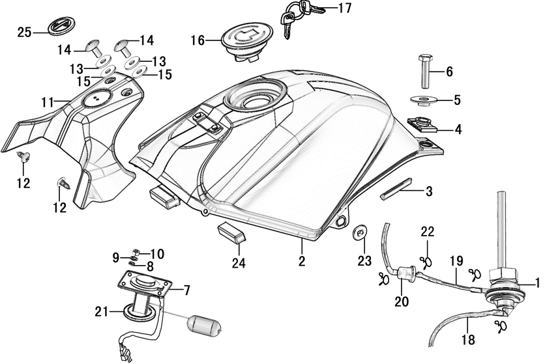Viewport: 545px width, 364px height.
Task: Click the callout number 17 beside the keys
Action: point(344,8)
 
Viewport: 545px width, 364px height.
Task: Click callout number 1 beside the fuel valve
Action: point(538,283)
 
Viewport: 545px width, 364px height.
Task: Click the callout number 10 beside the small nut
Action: point(158,253)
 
